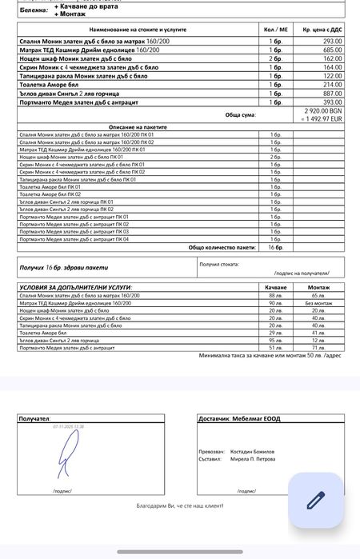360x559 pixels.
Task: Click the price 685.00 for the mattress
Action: pyautogui.click(x=333, y=50)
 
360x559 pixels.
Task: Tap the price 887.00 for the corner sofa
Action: pyautogui.click(x=333, y=93)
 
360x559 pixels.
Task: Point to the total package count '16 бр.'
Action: pyautogui.click(x=275, y=247)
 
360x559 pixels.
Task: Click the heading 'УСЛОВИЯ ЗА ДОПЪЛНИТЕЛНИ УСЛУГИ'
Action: pyautogui.click(x=75, y=286)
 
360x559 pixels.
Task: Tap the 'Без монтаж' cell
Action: pyautogui.click(x=318, y=303)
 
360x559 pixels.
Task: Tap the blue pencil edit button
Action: pyautogui.click(x=315, y=500)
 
